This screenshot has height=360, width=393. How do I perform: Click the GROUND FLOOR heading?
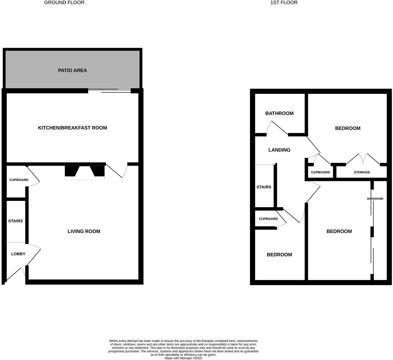(64, 3)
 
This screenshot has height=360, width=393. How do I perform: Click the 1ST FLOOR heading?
(284, 3)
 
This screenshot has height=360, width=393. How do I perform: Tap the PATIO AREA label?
(72, 70)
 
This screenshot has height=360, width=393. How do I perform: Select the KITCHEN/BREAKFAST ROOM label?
(72, 128)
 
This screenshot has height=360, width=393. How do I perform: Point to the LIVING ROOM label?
(84, 232)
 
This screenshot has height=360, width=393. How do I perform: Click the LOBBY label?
(18, 254)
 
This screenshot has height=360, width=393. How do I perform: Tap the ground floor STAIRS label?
(15, 221)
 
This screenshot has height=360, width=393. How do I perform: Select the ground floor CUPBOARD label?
(19, 180)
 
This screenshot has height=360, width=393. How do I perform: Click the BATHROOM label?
(279, 113)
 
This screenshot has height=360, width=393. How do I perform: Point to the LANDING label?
(279, 150)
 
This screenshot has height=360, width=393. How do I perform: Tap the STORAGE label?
(362, 172)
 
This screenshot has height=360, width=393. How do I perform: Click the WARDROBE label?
(375, 199)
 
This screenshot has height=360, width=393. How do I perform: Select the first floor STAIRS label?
(264, 187)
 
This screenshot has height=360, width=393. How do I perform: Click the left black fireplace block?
(71, 171)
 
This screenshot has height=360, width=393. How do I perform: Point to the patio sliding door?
(109, 91)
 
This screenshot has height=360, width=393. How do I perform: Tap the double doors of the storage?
(363, 159)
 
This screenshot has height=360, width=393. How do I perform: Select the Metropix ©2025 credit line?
(183, 358)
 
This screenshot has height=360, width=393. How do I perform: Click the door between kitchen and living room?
(116, 170)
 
